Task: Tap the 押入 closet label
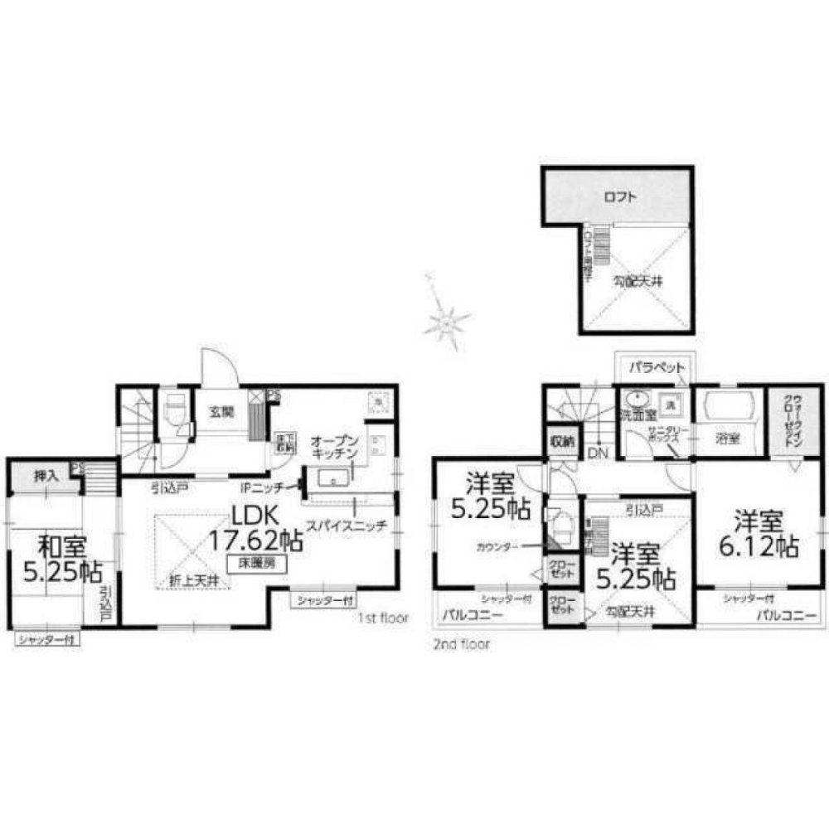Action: [x=45, y=477]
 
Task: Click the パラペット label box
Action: [x=656, y=366]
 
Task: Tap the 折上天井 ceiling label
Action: [x=193, y=579]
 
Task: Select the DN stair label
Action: [x=596, y=453]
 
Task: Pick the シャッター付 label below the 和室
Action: [x=47, y=639]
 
